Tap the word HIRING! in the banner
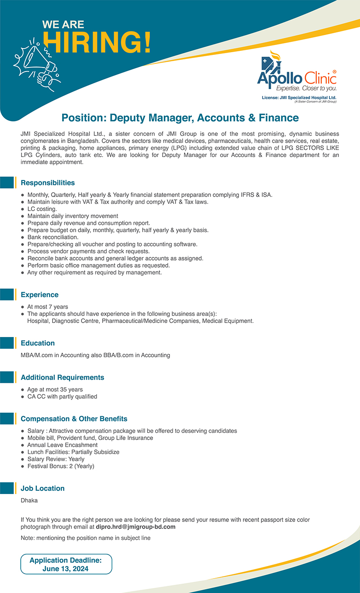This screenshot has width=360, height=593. [x=97, y=44]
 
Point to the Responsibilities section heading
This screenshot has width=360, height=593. [x=48, y=183]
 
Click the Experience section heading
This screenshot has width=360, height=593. [x=40, y=295]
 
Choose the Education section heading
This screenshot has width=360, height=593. [x=38, y=343]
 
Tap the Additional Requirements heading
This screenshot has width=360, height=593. [x=63, y=377]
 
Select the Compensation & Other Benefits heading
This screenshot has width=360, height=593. [x=74, y=419]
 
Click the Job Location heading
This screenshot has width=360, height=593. [x=43, y=488]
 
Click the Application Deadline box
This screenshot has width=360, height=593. [x=66, y=564]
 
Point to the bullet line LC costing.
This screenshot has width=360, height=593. [x=42, y=209]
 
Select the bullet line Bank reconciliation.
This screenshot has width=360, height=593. [x=53, y=237]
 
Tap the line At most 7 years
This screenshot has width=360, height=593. [x=47, y=307]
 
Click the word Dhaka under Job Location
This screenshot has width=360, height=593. [x=29, y=500]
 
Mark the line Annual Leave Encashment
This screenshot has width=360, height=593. [x=62, y=445]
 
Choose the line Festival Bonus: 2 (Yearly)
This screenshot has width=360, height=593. [x=61, y=466]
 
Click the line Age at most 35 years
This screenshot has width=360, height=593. [x=55, y=390]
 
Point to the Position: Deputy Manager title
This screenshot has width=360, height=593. [x=180, y=118]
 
